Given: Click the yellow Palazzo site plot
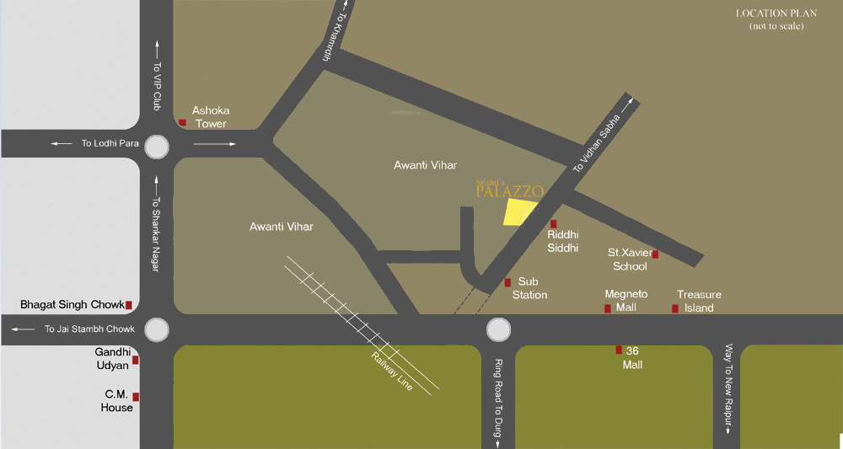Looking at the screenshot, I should click(x=519, y=212).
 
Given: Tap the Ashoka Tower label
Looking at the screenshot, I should click(x=210, y=117).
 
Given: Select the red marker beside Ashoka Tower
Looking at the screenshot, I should click(x=182, y=123).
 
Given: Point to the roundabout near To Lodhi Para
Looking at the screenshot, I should click(x=158, y=148).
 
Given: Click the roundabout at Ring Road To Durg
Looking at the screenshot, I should click(x=498, y=329).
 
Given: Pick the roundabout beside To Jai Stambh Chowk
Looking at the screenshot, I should click(x=157, y=329).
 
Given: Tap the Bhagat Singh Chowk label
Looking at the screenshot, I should click(x=72, y=304).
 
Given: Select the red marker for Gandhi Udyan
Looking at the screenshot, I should click(x=135, y=360).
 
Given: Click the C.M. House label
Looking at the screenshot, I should click(x=118, y=400).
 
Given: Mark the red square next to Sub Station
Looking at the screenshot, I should click(x=507, y=283).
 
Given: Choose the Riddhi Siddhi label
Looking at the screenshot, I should click(x=563, y=242).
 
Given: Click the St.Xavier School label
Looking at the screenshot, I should click(x=630, y=259).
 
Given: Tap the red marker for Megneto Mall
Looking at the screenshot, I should click(x=607, y=309).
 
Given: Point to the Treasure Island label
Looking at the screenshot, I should click(x=699, y=301).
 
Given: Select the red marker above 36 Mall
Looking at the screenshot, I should click(x=619, y=350).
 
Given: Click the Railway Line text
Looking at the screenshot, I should click(x=393, y=371).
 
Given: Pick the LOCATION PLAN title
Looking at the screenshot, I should click(x=776, y=13).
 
